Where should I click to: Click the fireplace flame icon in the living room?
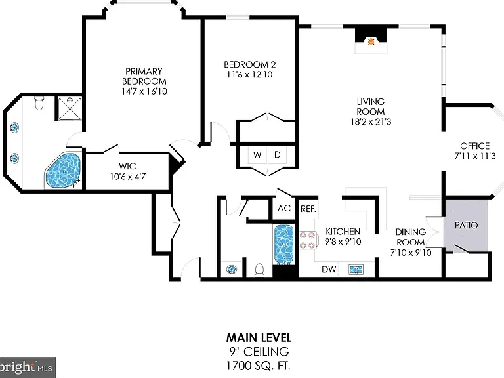(371, 41)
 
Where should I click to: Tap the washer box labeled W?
(257, 155)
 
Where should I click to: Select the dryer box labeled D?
(277, 155)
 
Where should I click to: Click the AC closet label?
(283, 208)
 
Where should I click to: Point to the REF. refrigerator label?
(308, 209)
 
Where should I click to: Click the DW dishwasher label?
(329, 269)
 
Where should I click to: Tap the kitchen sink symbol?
(356, 269)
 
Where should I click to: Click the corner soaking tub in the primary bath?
(63, 171)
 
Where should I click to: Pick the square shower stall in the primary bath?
(70, 109)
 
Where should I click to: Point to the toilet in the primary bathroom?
(39, 103)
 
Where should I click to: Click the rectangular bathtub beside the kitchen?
(283, 244)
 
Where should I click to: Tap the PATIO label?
(466, 225)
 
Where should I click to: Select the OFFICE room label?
(474, 146)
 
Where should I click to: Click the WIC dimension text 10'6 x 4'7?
(127, 177)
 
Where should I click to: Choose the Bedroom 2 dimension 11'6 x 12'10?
(250, 75)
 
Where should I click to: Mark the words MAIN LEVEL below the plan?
(259, 338)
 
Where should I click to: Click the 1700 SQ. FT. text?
(259, 366)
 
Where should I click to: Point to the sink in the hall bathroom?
(231, 269)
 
